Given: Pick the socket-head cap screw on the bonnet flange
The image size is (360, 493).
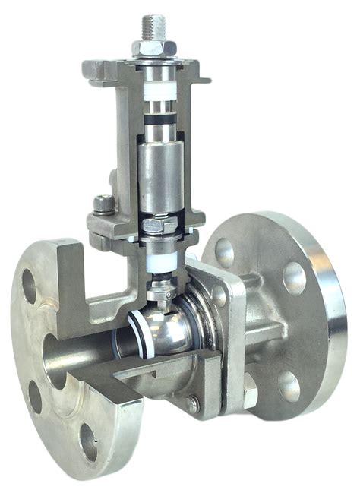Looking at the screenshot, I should pyautogui.click(x=103, y=203).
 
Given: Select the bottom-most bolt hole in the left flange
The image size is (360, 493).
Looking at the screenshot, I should pyautogui.click(x=89, y=442).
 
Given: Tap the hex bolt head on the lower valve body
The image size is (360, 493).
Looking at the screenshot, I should pyautogui.click(x=250, y=394).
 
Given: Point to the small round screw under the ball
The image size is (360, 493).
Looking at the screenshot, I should pyautogui.click(x=193, y=405).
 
